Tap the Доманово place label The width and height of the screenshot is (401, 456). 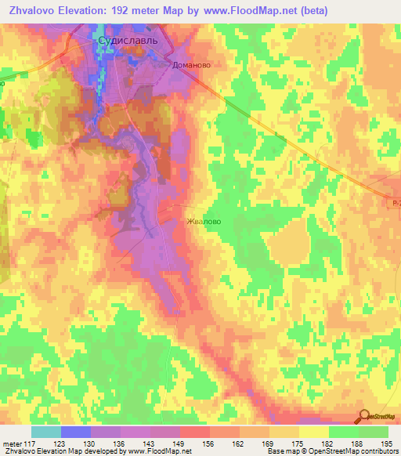tap(192, 67)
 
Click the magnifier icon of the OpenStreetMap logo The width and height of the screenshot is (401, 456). tap(365, 417)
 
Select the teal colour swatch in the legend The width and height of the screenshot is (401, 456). tap(45, 432)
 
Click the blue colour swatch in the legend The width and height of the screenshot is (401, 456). tap(75, 432)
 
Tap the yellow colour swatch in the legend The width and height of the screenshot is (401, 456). tap(313, 432)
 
